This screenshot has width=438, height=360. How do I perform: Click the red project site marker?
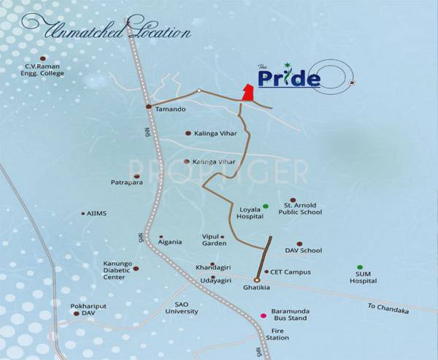[x=248, y=94]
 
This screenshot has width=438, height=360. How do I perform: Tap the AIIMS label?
[x=96, y=214]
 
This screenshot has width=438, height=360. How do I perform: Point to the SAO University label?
[x=182, y=307]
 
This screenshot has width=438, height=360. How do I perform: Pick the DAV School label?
[x=305, y=250]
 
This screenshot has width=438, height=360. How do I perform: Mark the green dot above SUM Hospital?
[x=359, y=267]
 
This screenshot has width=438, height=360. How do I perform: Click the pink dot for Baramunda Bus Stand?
[x=264, y=315]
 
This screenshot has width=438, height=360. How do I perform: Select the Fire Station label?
[x=277, y=334]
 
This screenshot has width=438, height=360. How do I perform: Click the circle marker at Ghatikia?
[x=257, y=280]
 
